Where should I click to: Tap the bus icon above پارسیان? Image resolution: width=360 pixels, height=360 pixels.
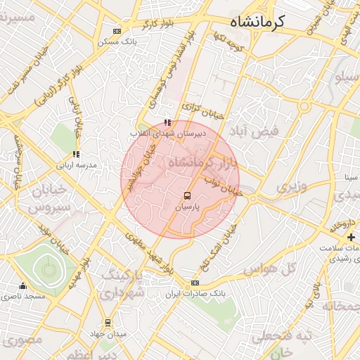(x=187, y=196)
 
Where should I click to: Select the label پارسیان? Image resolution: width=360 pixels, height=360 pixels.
(x=187, y=208)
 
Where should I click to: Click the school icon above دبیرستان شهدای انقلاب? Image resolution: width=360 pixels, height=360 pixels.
(x=167, y=122)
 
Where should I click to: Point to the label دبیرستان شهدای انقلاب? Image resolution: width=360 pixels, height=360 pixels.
(x=161, y=133)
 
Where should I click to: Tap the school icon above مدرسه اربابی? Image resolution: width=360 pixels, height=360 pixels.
(x=75, y=154)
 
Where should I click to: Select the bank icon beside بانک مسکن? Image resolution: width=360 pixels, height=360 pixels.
(x=116, y=31)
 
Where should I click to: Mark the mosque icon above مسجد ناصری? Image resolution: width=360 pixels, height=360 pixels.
(x=23, y=285)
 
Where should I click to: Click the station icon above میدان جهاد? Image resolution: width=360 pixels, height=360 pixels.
(x=107, y=323)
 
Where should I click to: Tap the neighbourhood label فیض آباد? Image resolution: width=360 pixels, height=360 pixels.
(x=259, y=132)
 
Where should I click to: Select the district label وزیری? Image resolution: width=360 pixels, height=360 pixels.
(x=290, y=187)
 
